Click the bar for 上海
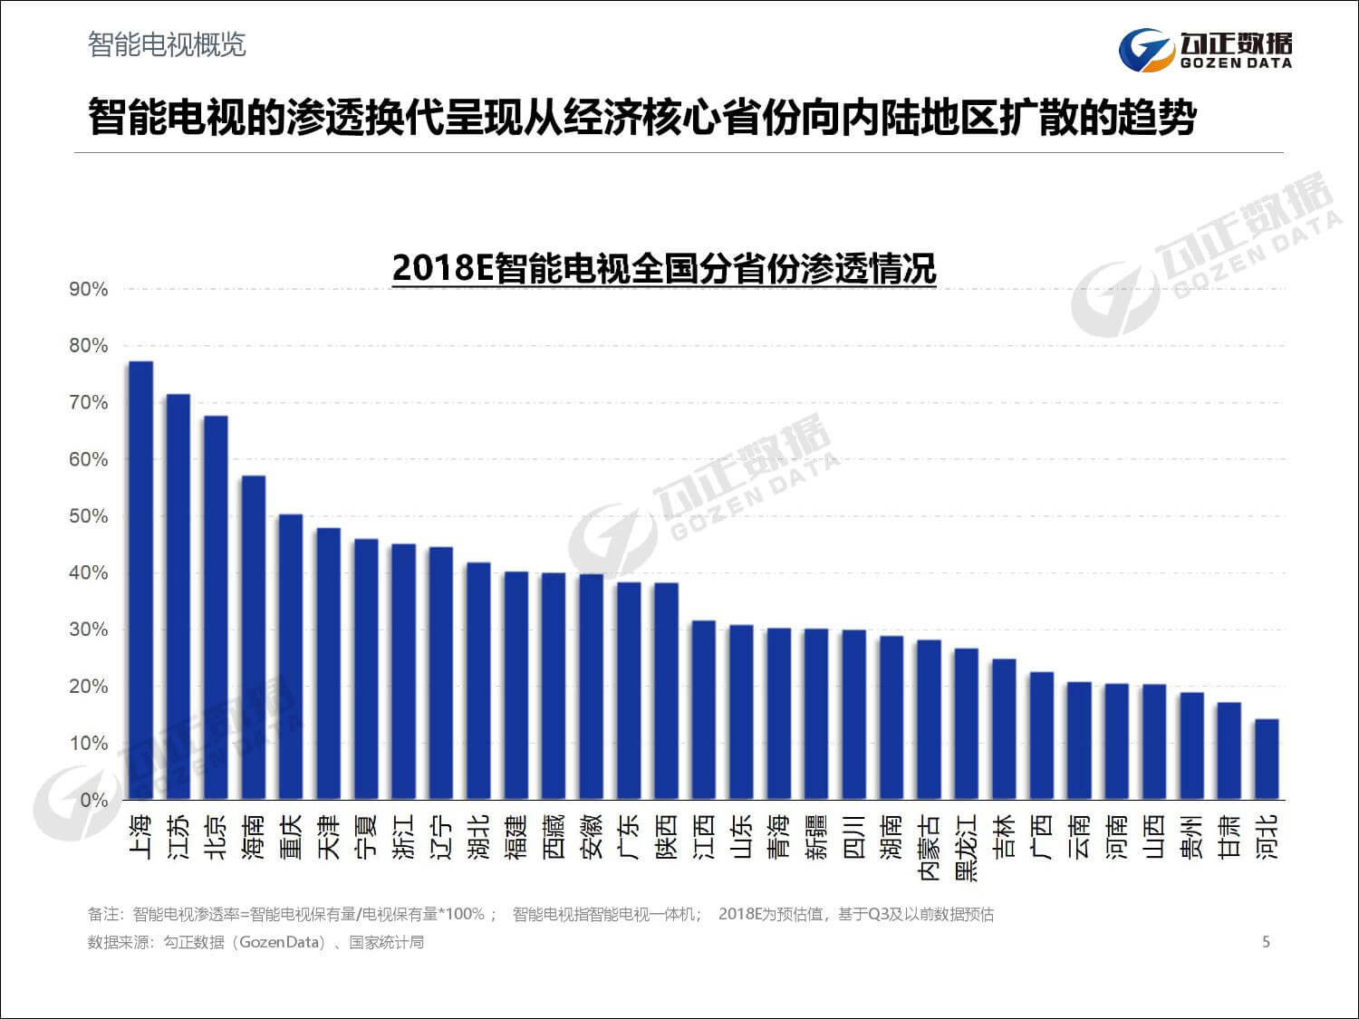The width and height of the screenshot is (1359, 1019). click(140, 580)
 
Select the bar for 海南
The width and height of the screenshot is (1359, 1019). click(254, 638)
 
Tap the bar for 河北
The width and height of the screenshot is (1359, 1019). click(1267, 759)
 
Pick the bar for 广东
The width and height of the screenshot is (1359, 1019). click(629, 690)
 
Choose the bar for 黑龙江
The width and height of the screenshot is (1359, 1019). click(966, 724)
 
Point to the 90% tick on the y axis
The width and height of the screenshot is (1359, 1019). click(88, 290)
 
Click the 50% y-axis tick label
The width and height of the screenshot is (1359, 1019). click(88, 517)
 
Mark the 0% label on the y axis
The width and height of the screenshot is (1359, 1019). click(93, 801)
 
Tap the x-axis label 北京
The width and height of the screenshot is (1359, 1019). click(216, 836)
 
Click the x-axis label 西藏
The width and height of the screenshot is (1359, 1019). click(554, 836)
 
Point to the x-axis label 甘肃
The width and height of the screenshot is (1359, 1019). click(1229, 836)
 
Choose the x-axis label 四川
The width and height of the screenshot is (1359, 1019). click(853, 836)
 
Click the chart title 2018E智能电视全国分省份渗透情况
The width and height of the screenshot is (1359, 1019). click(663, 268)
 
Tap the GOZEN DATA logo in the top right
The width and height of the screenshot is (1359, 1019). click(1205, 49)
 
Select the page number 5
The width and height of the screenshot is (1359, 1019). click(1266, 942)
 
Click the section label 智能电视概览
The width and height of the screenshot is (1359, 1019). click(167, 44)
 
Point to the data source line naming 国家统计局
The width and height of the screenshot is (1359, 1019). click(255, 942)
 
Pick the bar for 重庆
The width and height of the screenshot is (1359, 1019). click(291, 657)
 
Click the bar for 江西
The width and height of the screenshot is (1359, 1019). click(704, 710)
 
